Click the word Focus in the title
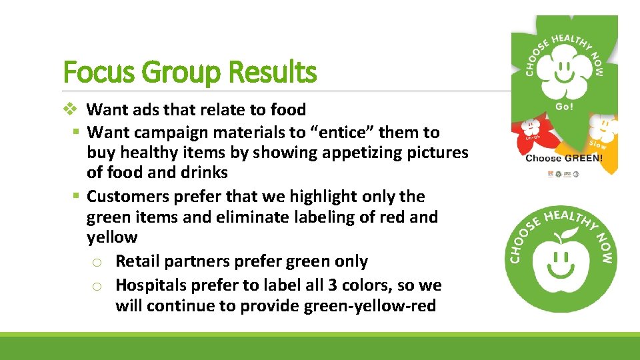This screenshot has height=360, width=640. [x=101, y=72]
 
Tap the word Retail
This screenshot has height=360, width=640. [x=139, y=261]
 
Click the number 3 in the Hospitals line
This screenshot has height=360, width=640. [x=333, y=285]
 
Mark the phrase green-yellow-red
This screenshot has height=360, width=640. [x=378, y=306]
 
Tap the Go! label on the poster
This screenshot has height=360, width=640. [x=563, y=107]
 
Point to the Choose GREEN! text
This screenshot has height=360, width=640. [x=564, y=158]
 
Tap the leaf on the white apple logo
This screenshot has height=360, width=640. [x=569, y=233]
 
